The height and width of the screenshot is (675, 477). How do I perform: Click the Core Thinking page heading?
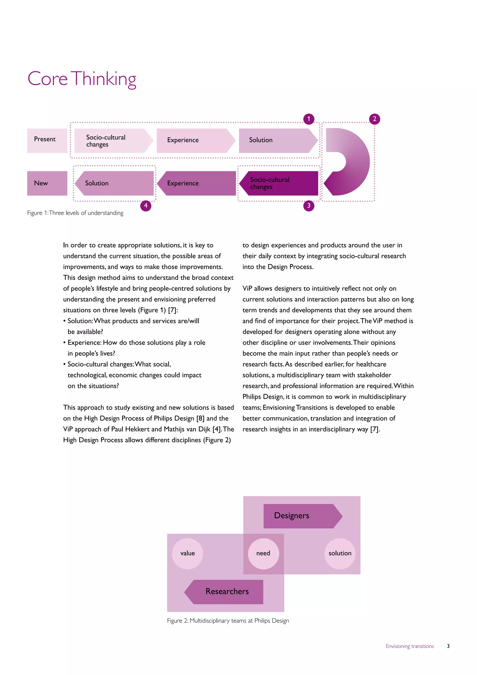[x=82, y=79]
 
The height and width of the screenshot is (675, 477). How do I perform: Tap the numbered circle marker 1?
[x=308, y=119]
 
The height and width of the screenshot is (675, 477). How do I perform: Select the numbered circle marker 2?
[x=374, y=119]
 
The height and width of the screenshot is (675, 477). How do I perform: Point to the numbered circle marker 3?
[x=308, y=206]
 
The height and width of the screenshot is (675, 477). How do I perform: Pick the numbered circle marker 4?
[x=146, y=206]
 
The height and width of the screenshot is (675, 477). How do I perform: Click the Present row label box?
[x=47, y=141]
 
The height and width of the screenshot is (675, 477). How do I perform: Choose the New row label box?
[x=47, y=183]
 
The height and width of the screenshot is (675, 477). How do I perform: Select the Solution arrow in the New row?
[x=115, y=183]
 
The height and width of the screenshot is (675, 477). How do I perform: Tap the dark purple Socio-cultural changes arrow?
[x=279, y=183]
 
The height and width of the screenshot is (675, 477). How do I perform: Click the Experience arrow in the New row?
[x=197, y=183]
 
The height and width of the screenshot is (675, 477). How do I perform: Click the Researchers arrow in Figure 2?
[x=225, y=592]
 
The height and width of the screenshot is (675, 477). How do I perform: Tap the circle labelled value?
[x=187, y=553]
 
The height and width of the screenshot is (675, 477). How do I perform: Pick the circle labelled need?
[x=263, y=553]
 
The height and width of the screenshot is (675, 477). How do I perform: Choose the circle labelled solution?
[x=340, y=553]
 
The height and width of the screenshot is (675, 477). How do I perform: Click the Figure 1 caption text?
[x=75, y=213]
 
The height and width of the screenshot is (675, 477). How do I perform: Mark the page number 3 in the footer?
[x=448, y=646]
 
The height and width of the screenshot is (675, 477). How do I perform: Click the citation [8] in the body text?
[x=200, y=418]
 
